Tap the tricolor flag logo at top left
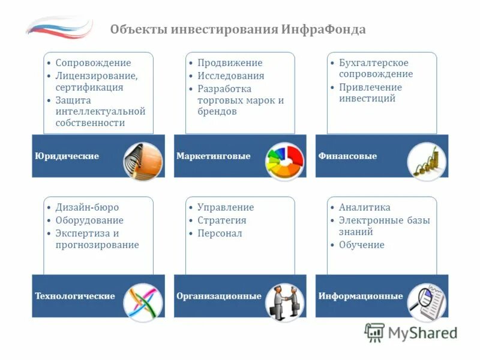tap(59, 27)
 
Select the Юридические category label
tap(67, 156)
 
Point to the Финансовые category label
tap(348, 156)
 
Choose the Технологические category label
tap(75, 296)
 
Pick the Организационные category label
tap(219, 296)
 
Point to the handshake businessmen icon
tap(285, 302)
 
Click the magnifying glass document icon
tap(427, 302)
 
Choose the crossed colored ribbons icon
tap(143, 302)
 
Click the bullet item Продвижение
tap(230, 63)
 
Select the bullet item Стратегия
tap(222, 220)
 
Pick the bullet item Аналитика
tap(365, 208)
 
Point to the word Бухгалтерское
tap(374, 63)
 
